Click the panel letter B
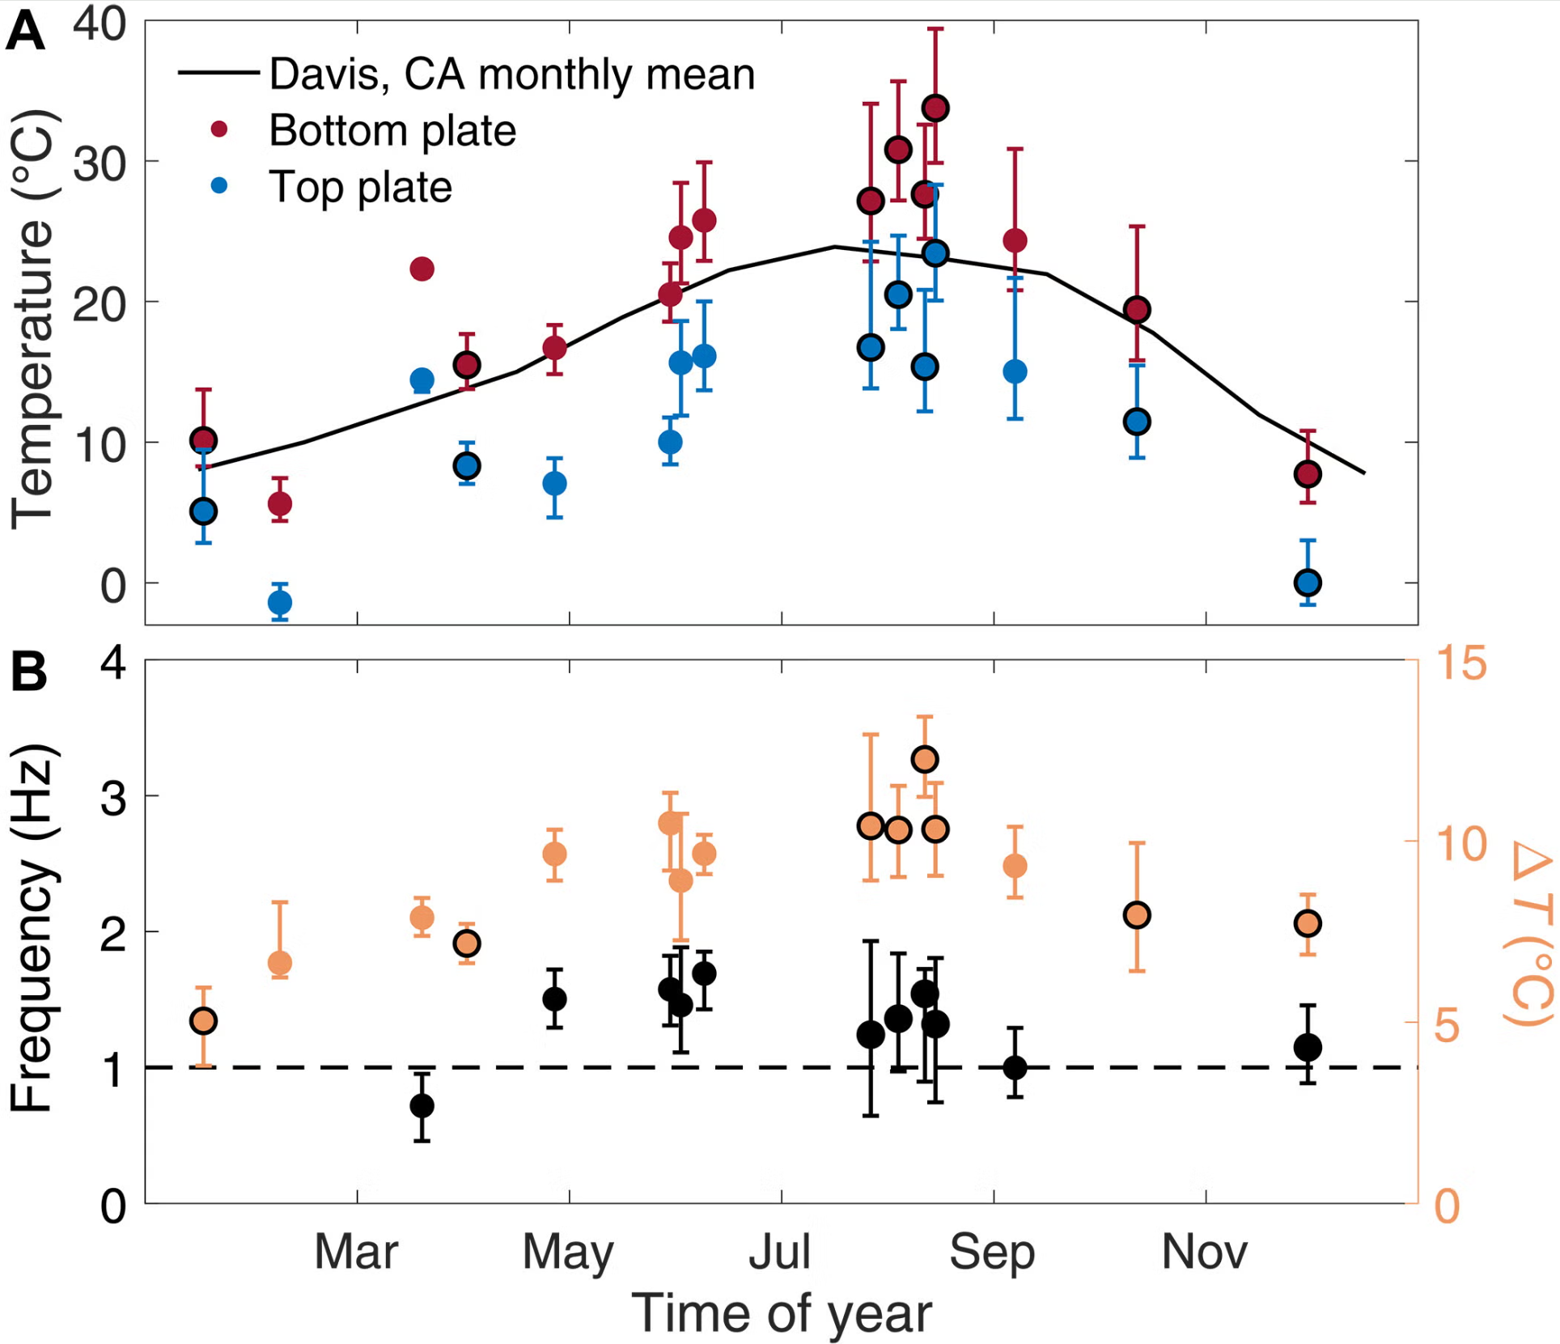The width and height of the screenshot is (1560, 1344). coord(28,672)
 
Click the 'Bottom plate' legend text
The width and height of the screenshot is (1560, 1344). coord(392,130)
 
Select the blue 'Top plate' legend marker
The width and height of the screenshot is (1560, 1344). coord(219,186)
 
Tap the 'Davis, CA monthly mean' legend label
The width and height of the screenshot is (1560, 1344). coord(511,74)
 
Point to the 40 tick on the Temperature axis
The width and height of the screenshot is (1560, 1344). coord(100,24)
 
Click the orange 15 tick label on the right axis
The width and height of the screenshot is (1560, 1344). coord(1461,664)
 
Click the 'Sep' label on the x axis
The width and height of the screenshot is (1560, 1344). coord(992,1252)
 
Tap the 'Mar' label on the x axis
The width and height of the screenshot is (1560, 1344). coord(356,1252)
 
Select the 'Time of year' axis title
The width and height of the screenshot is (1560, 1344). coord(781,1312)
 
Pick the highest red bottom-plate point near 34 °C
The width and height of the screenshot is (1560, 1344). coord(935,108)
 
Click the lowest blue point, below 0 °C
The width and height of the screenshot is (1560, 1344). coord(280,602)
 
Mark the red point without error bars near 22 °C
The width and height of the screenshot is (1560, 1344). coord(422,268)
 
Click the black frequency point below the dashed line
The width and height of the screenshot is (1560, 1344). coord(422,1105)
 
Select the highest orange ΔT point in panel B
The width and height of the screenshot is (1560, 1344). coord(925,759)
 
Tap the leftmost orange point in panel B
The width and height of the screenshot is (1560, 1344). coord(203,1021)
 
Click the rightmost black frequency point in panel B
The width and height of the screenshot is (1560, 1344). coord(1308,1047)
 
